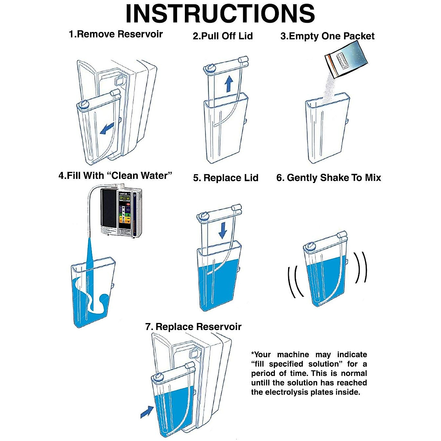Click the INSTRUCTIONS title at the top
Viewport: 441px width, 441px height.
point(220,14)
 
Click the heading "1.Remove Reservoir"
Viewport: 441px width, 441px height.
point(116,35)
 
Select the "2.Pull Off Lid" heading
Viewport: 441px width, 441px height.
point(223,36)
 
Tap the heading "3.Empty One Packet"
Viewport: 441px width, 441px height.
point(327,36)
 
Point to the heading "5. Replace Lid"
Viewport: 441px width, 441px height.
point(226,178)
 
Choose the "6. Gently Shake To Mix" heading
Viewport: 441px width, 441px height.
point(329,178)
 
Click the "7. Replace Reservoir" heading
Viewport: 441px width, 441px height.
point(193,327)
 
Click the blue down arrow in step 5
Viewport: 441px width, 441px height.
point(223,230)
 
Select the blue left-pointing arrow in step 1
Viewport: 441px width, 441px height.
point(107,129)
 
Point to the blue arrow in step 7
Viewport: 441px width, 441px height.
point(147,411)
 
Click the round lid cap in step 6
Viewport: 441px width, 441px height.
point(311,245)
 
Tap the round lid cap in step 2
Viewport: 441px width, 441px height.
point(211,67)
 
